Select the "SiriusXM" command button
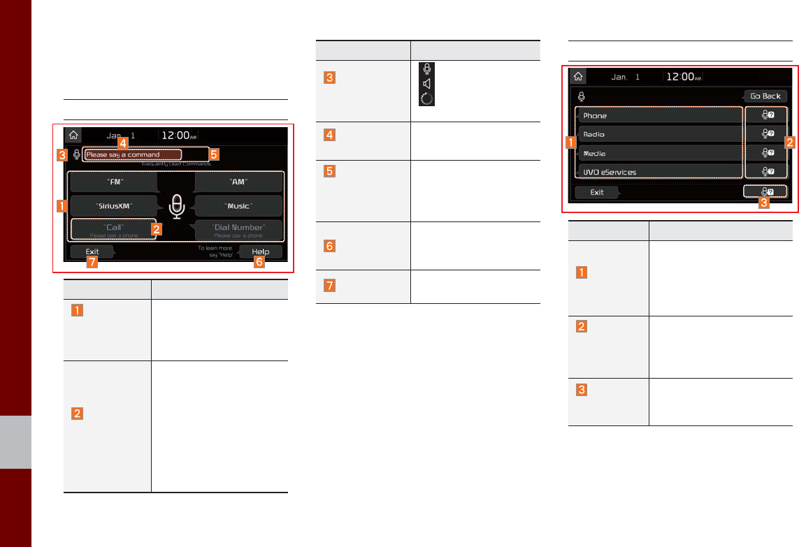[113, 205]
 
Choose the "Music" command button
[238, 205]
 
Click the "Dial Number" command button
[238, 229]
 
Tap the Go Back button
[765, 96]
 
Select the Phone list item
[658, 115]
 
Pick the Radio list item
[658, 134]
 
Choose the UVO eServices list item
[658, 172]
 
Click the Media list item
[658, 153]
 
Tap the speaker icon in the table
[426, 84]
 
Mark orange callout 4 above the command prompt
[124, 142]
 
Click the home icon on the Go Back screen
[577, 77]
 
